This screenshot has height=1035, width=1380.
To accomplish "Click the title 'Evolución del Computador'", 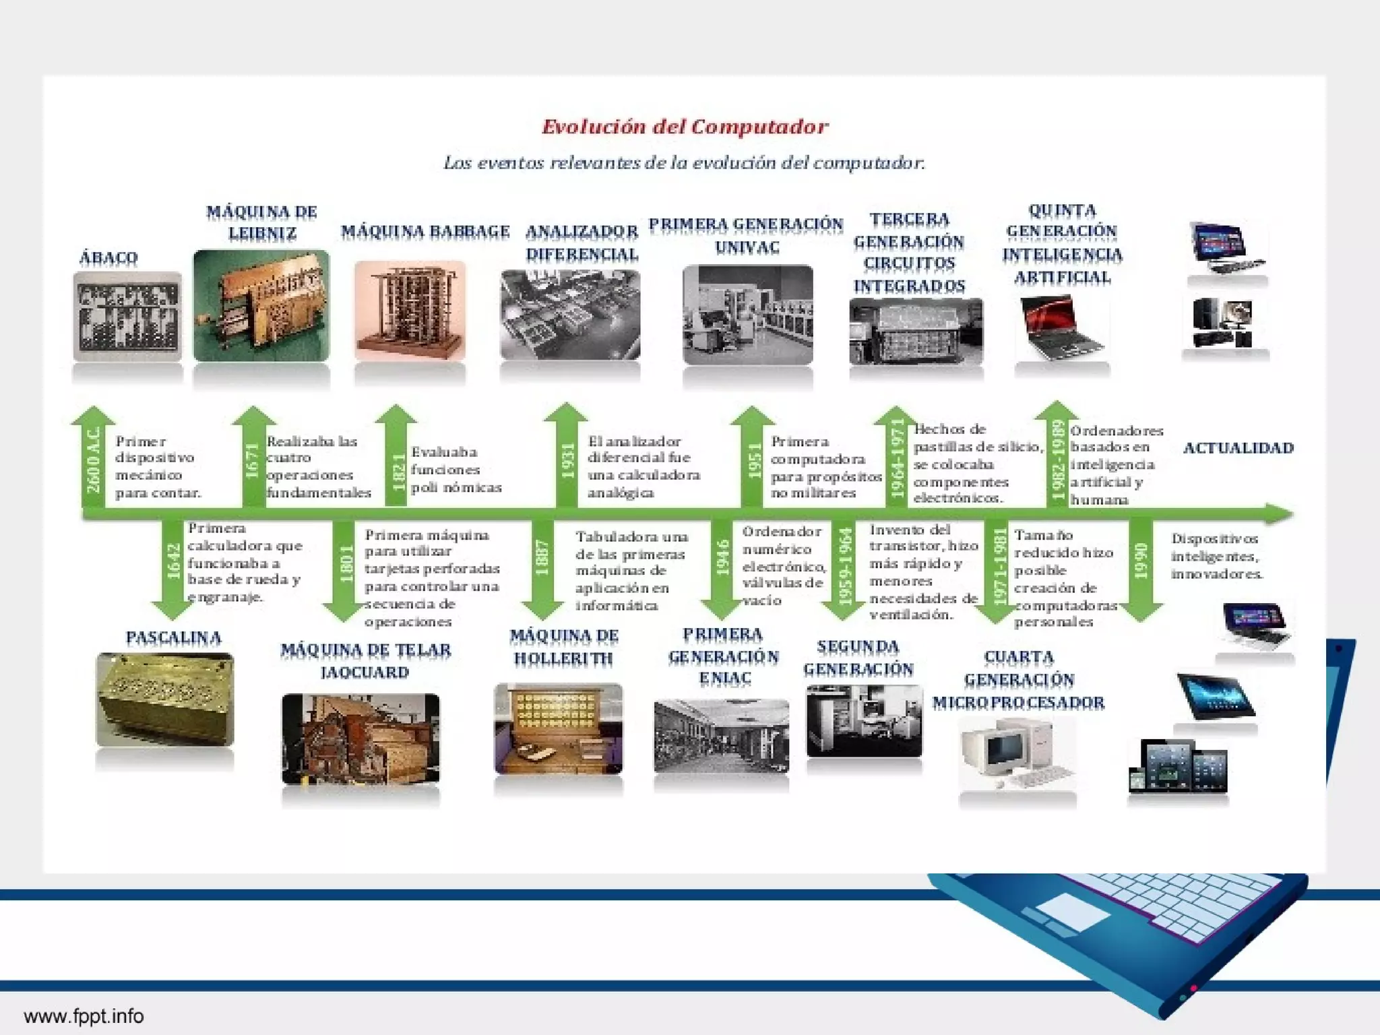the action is click(685, 127).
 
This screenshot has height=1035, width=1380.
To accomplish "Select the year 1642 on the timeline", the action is click(173, 561).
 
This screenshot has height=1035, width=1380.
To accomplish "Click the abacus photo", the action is click(127, 317).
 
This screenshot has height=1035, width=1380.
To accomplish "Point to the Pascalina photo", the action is click(165, 699).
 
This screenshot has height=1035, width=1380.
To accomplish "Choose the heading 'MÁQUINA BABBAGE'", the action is click(425, 231).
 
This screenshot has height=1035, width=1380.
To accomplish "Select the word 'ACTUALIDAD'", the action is click(1238, 448).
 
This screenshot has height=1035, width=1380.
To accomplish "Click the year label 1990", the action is click(1140, 561).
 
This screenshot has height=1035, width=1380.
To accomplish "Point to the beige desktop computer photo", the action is click(1017, 753).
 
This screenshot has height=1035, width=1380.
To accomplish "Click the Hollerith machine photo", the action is click(559, 728).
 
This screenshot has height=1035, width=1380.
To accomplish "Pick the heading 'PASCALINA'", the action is click(173, 637).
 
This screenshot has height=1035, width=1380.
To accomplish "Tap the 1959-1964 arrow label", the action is click(844, 565).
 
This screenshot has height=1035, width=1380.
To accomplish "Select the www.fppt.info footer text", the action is click(84, 1015).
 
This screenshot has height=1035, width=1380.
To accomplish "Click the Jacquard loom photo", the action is click(360, 739).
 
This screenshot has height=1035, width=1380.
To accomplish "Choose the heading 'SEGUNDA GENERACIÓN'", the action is click(858, 658).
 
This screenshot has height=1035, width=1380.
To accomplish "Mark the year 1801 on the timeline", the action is click(346, 563).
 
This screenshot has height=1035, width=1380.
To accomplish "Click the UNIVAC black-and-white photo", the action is click(747, 315).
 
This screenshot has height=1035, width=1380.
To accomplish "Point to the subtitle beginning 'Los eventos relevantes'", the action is click(685, 162).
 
